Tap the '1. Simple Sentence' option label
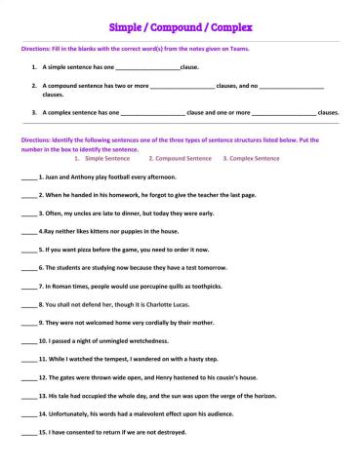[x=107, y=157]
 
